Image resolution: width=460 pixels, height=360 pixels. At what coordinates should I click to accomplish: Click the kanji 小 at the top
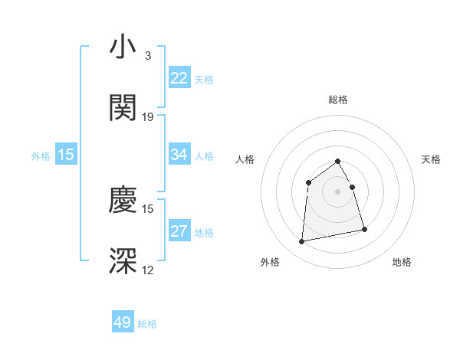click(x=123, y=48)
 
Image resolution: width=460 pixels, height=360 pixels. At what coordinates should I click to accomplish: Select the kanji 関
click(x=123, y=108)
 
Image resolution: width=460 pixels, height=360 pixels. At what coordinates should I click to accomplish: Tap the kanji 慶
click(x=123, y=201)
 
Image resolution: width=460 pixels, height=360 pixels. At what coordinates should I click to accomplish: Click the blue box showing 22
click(x=179, y=78)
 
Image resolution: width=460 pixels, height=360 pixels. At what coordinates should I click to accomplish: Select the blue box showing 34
click(x=179, y=155)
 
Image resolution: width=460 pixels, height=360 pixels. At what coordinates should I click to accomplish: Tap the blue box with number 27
click(x=179, y=232)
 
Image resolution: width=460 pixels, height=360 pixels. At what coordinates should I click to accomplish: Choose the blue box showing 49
click(x=123, y=322)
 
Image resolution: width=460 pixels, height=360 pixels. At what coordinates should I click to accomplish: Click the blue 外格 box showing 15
click(x=66, y=155)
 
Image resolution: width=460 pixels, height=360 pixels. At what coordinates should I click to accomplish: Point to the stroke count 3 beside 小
click(x=147, y=56)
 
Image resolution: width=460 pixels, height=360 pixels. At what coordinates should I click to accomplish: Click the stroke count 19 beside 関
click(x=148, y=117)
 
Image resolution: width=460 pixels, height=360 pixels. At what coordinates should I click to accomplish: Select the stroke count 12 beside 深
click(x=148, y=270)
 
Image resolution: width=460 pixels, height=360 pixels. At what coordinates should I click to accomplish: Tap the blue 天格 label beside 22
click(x=204, y=79)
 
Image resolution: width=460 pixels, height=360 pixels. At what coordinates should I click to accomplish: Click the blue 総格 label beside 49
click(x=148, y=324)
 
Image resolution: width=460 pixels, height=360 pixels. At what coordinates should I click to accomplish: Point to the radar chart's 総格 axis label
click(x=338, y=100)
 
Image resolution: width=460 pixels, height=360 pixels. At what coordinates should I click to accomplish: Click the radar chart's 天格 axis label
click(x=432, y=159)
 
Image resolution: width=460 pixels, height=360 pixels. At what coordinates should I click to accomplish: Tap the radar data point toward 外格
click(x=302, y=242)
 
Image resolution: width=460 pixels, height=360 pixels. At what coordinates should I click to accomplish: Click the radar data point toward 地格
click(x=364, y=229)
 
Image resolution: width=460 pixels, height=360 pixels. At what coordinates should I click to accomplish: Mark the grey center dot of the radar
click(x=338, y=191)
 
